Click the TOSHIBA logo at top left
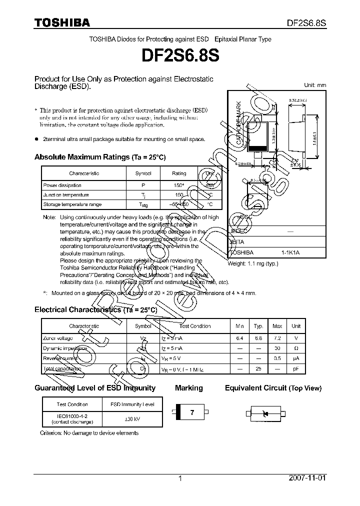[62, 22]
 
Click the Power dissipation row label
[59, 185]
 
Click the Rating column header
[179, 173]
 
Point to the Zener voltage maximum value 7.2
[277, 338]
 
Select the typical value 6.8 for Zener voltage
[258, 338]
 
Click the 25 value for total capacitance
[258, 368]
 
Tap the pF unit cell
[296, 368]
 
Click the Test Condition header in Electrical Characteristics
[195, 326]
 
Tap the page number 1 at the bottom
[180, 478]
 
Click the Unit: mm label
[315, 85]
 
